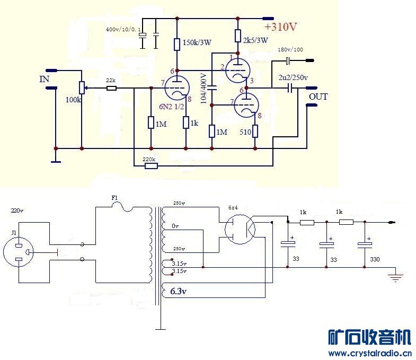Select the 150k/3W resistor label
click(x=197, y=42)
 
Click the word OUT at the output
click(x=318, y=96)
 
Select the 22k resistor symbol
click(x=111, y=87)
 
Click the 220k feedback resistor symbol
click(x=151, y=166)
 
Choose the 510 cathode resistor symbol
click(x=255, y=131)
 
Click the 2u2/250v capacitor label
click(x=293, y=77)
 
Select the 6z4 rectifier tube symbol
click(x=240, y=229)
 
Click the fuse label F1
click(x=114, y=198)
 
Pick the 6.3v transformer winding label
click(x=179, y=291)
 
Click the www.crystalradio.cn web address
click(x=370, y=353)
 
